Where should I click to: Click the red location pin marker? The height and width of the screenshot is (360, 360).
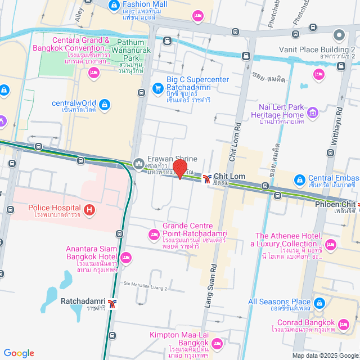click(x=179, y=169)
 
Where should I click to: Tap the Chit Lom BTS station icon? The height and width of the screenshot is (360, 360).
click(x=208, y=179)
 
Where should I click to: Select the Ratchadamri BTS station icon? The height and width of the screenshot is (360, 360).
click(x=113, y=304)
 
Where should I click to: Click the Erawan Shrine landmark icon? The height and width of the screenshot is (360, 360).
click(x=138, y=164)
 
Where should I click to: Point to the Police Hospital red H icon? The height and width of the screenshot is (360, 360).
click(x=89, y=211)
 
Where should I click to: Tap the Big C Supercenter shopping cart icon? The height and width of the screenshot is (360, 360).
click(x=158, y=88)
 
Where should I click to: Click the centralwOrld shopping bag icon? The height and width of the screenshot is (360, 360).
click(x=104, y=104)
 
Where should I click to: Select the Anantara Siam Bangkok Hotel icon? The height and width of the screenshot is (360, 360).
click(x=126, y=258)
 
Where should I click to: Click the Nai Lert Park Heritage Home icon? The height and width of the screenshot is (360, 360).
click(x=313, y=115)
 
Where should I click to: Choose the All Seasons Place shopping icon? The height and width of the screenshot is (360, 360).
click(x=319, y=304)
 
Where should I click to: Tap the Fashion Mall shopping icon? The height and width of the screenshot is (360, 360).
click(x=115, y=4)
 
